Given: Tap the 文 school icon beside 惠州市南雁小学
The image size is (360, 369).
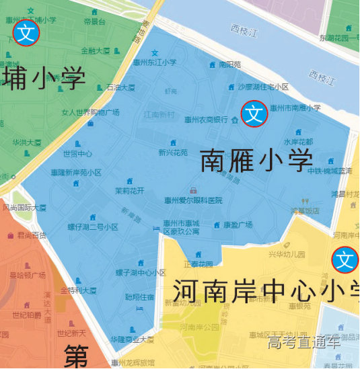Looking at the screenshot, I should [x=254, y=114].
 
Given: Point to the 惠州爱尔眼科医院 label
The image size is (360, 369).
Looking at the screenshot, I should [x=193, y=200].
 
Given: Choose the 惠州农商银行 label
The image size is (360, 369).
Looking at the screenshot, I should [x=207, y=120].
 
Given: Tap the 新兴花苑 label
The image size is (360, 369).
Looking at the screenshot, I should [x=172, y=153].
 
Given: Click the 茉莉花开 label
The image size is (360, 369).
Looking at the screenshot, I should [x=129, y=190].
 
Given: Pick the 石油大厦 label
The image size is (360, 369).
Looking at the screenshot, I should [x=120, y=87].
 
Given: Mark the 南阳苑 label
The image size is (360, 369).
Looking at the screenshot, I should [x=229, y=65].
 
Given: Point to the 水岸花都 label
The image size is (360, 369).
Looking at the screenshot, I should [x=297, y=142].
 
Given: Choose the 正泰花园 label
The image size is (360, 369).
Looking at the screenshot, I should [x=198, y=264].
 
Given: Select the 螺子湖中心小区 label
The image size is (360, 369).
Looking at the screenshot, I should [x=141, y=273].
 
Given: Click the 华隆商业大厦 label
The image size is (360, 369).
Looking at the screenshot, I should [x=133, y=339].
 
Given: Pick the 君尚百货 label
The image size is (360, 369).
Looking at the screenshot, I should [x=32, y=235].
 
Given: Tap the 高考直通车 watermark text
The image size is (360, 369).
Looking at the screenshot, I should [x=303, y=342].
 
